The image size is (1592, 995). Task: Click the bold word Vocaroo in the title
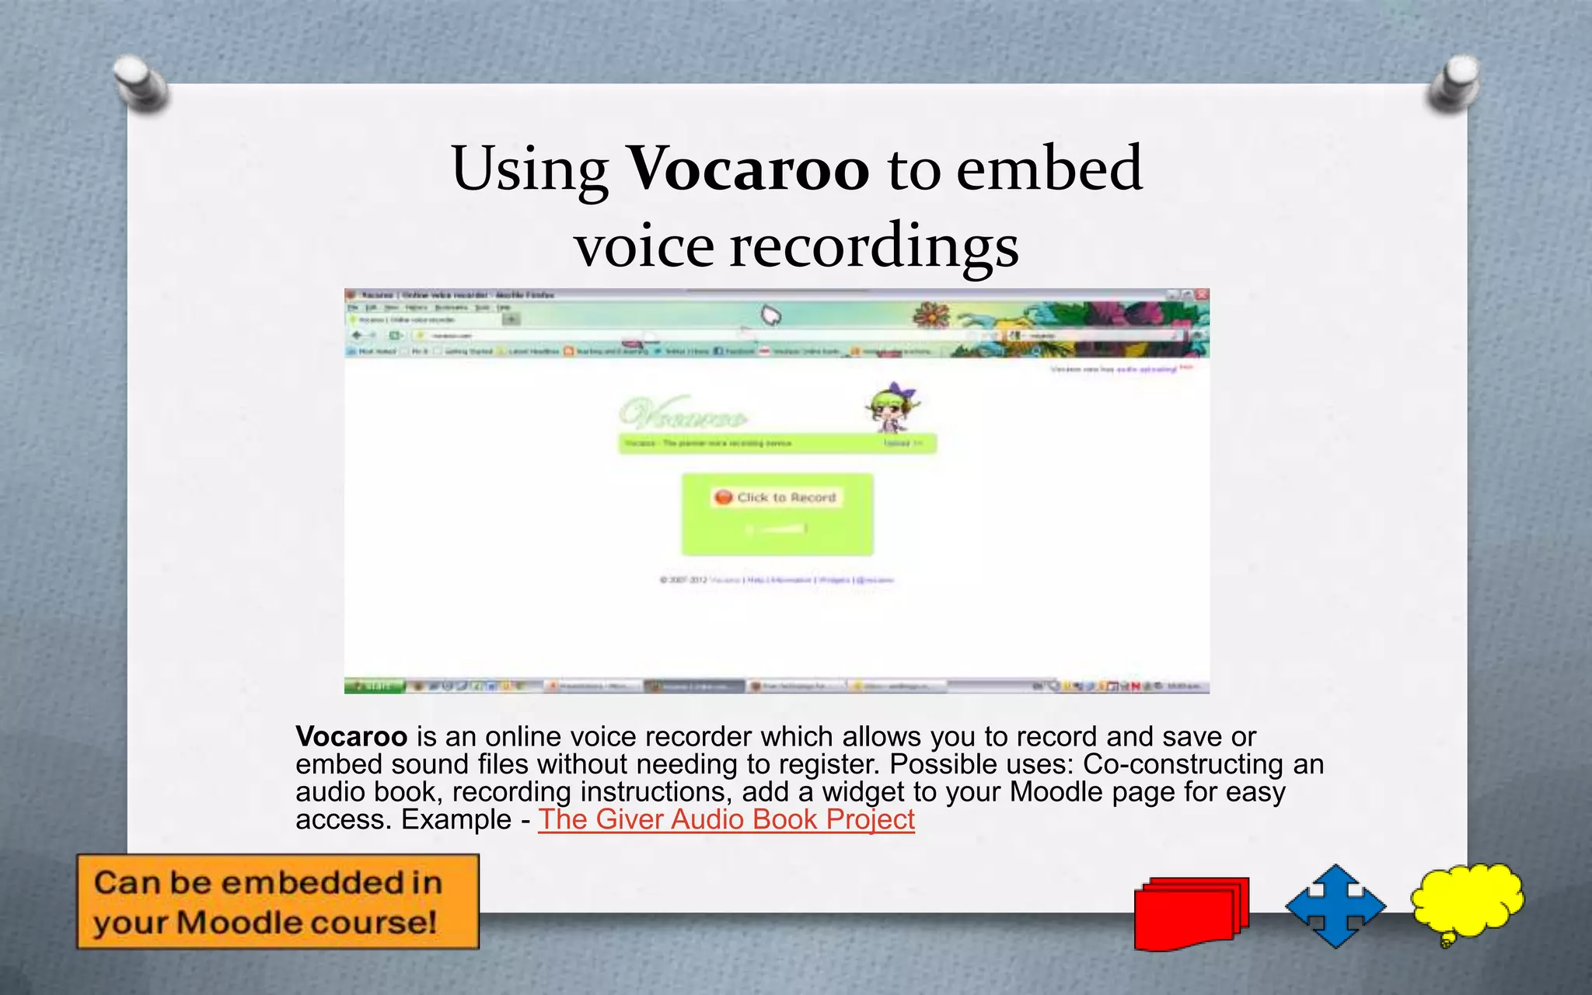748,169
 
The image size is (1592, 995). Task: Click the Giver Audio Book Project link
726,819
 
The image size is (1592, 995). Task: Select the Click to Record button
777,497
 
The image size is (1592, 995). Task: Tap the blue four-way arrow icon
1335,906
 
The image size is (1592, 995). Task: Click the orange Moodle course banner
278,902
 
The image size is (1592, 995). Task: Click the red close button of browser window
1202,295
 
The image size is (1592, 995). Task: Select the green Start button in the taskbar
375,686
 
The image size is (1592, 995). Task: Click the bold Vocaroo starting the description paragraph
351,736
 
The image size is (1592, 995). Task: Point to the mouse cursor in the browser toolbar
770,316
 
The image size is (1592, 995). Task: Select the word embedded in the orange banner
311,883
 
